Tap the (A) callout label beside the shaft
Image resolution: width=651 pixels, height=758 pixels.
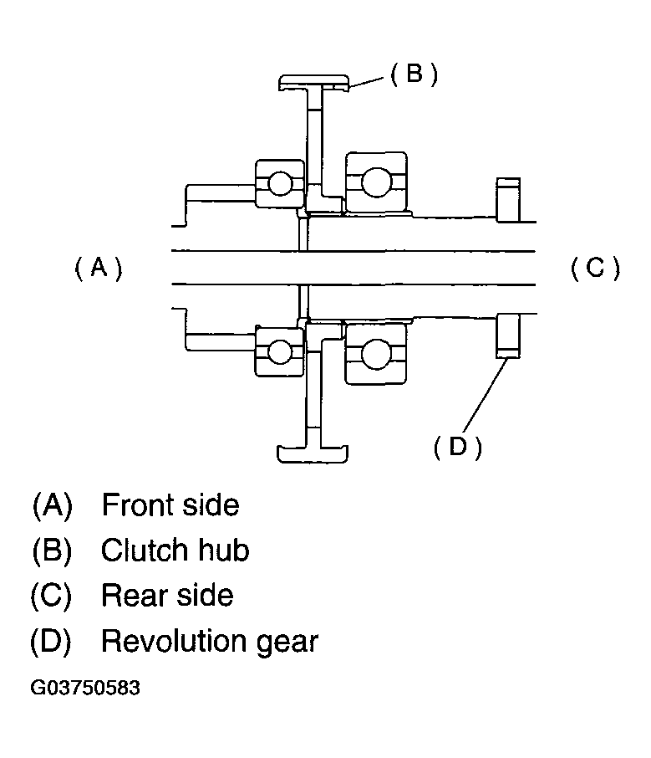coord(99,268)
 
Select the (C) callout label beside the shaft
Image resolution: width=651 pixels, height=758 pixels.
coord(595,268)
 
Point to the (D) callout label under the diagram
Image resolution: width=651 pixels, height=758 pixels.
coord(457,447)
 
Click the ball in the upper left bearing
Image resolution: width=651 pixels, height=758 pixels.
coord(280,184)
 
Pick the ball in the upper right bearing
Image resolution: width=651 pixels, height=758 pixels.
coord(376,182)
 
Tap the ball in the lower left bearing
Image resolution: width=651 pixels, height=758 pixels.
coord(279,351)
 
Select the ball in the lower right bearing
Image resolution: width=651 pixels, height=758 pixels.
coord(375,354)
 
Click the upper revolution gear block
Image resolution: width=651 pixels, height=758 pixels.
coord(509,200)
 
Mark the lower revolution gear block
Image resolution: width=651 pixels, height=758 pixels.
coord(509,336)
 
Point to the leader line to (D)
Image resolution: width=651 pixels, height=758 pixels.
coord(486,395)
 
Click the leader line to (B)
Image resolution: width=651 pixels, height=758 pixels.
coord(366,82)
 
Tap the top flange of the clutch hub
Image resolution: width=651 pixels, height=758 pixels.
coord(313,82)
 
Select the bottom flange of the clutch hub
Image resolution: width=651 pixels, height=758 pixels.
coord(312,454)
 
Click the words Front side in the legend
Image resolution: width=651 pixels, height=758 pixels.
coord(170,505)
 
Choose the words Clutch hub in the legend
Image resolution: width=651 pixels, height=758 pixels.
coord(175,550)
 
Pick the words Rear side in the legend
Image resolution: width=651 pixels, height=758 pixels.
coord(167,595)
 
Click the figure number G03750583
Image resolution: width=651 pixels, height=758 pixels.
coord(85,688)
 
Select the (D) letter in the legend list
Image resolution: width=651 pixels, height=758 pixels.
coord(51,642)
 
